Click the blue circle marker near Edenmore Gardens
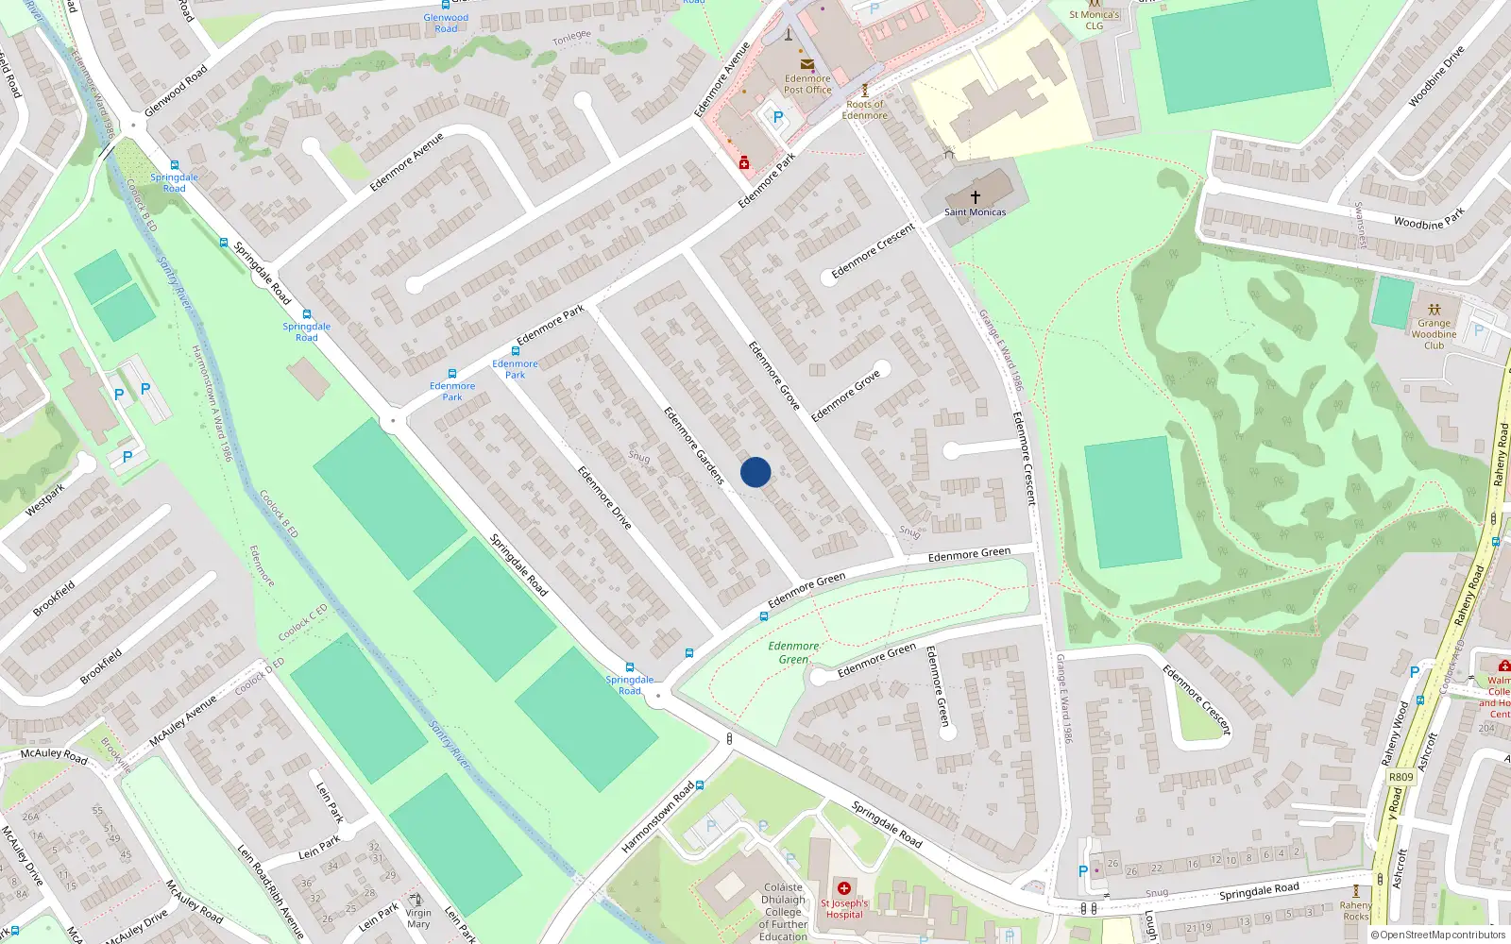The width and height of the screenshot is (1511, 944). pyautogui.click(x=755, y=472)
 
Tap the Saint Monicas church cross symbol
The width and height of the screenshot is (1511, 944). pyautogui.click(x=976, y=197)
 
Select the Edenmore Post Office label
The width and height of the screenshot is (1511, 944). pyautogui.click(x=807, y=84)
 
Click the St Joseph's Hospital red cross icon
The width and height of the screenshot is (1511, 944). pyautogui.click(x=844, y=888)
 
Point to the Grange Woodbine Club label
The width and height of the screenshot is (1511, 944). pyautogui.click(x=1434, y=334)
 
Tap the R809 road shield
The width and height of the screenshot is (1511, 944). pyautogui.click(x=1401, y=777)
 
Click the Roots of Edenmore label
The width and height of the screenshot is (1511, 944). pyautogui.click(x=865, y=110)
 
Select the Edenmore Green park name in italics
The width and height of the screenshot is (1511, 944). pyautogui.click(x=793, y=652)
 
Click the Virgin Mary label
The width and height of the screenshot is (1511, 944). pyautogui.click(x=418, y=919)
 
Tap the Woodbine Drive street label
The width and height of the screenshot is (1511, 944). pyautogui.click(x=1436, y=76)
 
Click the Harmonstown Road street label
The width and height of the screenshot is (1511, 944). pyautogui.click(x=657, y=818)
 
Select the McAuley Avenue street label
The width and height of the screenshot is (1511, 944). pyautogui.click(x=183, y=720)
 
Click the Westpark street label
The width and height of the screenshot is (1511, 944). pyautogui.click(x=44, y=499)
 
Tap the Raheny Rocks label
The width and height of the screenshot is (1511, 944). pyautogui.click(x=1356, y=911)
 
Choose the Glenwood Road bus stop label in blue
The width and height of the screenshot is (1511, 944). pyautogui.click(x=446, y=23)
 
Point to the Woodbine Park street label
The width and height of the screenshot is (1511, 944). pyautogui.click(x=1429, y=219)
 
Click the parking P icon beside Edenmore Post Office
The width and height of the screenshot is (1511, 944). pyautogui.click(x=778, y=118)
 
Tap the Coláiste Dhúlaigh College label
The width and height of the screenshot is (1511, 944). pyautogui.click(x=783, y=912)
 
